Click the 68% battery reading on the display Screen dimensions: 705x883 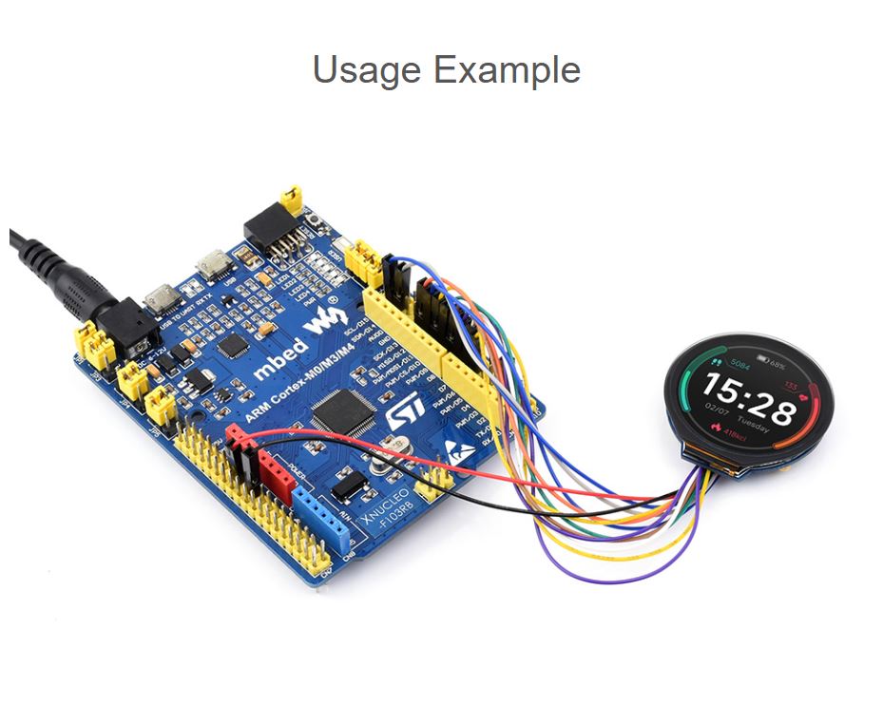point(777,364)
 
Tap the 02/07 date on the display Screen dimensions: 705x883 point(716,410)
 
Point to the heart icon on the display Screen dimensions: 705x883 point(804,389)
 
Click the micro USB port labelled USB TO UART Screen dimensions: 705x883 point(162,297)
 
